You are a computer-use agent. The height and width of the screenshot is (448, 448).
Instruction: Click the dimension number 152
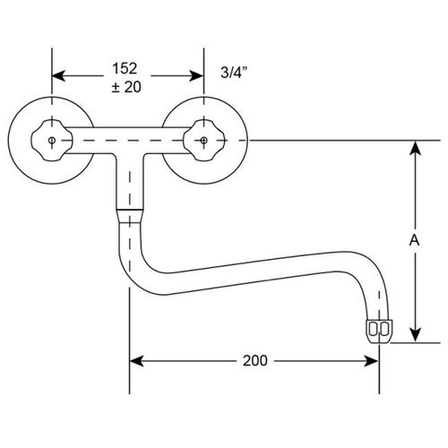coord(125,68)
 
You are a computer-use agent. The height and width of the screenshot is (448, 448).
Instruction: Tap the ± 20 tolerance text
coord(126,87)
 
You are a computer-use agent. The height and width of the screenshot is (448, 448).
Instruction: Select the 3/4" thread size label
coord(234,72)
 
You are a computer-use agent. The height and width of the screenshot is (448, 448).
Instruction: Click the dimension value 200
coord(255,361)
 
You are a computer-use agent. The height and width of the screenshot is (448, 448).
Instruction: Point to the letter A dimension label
coord(415,240)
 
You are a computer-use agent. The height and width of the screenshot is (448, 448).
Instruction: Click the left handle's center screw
coord(52,140)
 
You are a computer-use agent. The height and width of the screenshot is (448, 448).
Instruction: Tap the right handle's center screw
coord(203,140)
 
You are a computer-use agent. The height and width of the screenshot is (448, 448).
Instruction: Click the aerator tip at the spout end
coord(379,332)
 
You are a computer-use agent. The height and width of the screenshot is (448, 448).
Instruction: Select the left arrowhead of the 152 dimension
coord(58,76)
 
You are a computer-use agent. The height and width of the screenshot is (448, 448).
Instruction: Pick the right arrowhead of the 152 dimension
coord(196,76)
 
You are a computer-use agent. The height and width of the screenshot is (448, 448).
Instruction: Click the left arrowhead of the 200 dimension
coord(136,361)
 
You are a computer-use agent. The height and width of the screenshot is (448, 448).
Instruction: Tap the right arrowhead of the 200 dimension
coord(372,361)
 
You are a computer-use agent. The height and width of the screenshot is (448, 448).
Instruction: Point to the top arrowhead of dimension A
coord(415,148)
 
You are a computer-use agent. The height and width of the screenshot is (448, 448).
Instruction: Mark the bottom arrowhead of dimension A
coord(415,335)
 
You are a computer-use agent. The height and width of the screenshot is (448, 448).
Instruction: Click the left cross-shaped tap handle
coord(52,141)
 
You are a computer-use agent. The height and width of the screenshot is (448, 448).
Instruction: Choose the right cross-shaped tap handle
coord(203,141)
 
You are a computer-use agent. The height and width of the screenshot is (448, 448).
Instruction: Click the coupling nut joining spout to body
coord(130,215)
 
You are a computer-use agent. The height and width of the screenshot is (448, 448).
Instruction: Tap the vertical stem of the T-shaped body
coord(130,181)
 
